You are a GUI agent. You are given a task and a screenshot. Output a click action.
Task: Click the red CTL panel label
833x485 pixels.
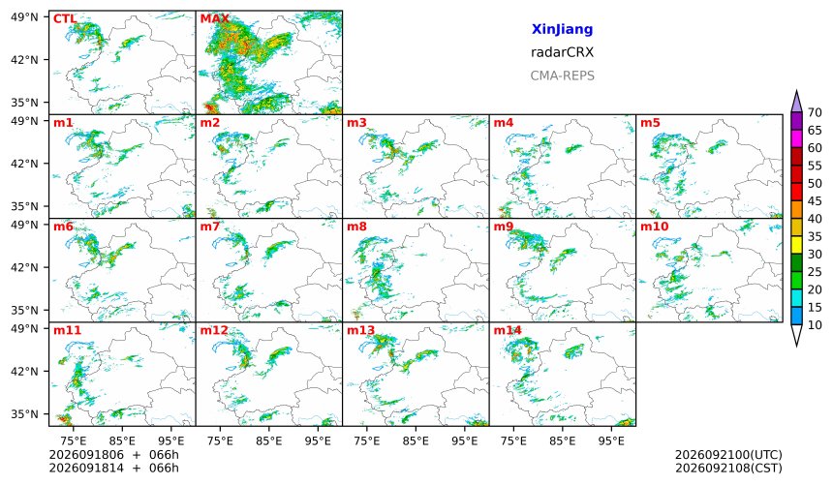(x=65, y=19)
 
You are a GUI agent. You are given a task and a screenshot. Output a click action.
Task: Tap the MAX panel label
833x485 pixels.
(x=215, y=19)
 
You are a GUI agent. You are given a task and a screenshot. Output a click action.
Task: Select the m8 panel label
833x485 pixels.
(x=356, y=227)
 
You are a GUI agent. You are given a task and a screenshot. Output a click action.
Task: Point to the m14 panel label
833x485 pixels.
(x=508, y=330)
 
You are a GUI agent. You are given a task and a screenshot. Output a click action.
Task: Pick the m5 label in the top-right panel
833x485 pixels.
(x=650, y=123)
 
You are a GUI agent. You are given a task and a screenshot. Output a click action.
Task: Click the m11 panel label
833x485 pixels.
(x=67, y=330)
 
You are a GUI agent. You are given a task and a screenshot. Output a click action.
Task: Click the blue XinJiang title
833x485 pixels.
(x=562, y=29)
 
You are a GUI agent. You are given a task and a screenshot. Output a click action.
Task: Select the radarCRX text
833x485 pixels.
(x=562, y=52)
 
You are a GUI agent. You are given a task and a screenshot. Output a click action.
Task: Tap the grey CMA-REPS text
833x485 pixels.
(x=562, y=76)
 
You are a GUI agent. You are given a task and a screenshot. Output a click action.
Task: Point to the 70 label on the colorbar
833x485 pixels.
(x=815, y=112)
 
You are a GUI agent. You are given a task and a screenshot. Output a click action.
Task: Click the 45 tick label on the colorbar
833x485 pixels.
(x=815, y=201)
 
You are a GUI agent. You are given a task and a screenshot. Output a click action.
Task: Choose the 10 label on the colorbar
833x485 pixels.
(x=815, y=325)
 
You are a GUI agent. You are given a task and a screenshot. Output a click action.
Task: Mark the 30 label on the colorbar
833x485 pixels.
(x=815, y=255)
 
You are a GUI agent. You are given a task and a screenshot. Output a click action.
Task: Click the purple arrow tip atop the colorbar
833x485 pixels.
(x=796, y=91)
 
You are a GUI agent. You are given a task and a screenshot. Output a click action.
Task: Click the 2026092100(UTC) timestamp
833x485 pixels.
(x=728, y=455)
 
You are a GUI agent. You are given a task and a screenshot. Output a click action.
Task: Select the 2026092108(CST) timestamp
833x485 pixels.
(x=728, y=468)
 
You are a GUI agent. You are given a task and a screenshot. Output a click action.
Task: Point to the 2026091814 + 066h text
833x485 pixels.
(x=113, y=468)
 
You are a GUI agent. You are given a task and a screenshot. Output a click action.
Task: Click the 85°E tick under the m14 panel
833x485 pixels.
(x=563, y=440)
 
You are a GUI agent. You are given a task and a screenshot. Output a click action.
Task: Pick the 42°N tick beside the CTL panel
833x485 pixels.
(x=24, y=60)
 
